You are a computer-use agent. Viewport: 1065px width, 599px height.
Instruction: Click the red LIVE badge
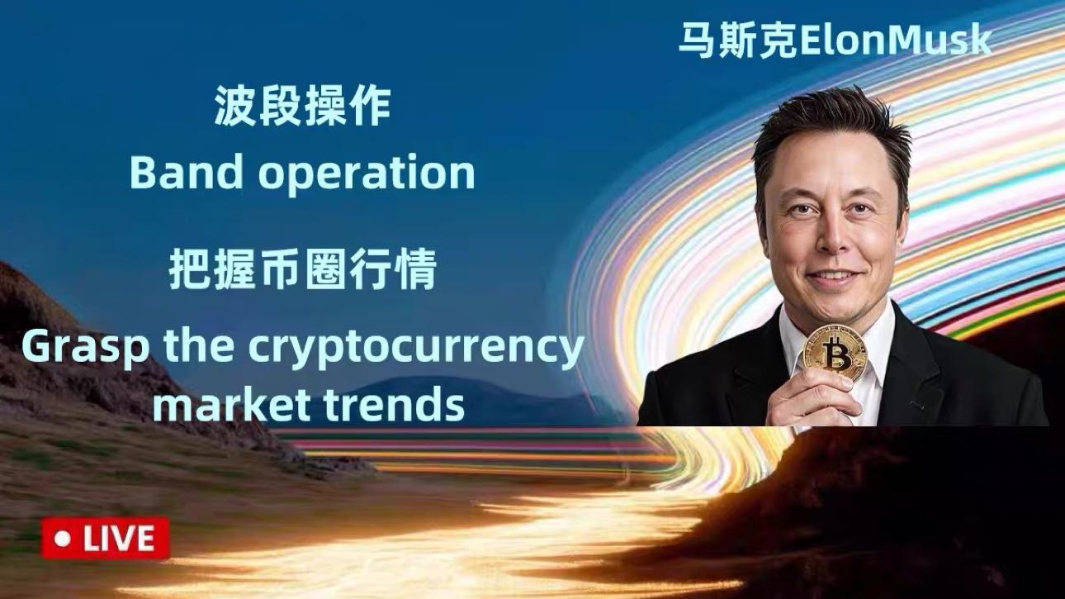(105, 539)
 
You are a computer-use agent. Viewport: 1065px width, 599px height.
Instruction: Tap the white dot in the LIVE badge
(62, 539)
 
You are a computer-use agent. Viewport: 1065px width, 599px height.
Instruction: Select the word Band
(175, 174)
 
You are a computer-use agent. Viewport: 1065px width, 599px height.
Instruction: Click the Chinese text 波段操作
(302, 107)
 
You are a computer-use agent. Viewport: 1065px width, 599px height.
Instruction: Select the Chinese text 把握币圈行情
(302, 270)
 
